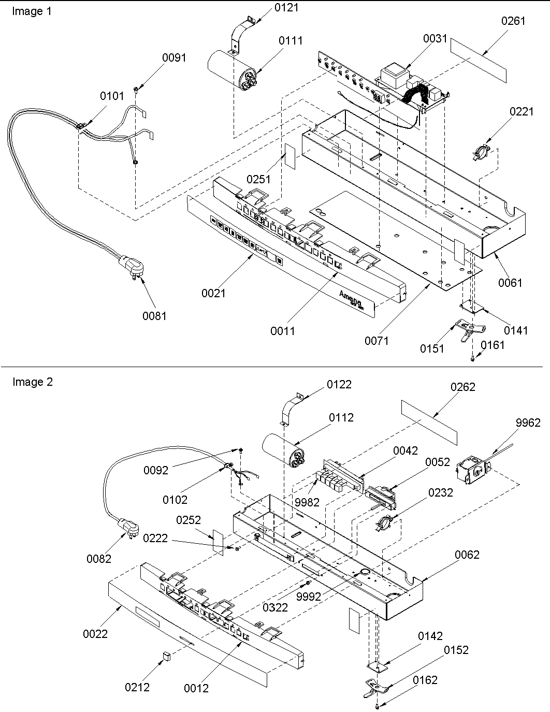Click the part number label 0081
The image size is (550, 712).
[x=154, y=315]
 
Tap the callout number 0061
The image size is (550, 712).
[x=511, y=283]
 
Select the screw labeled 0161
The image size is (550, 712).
[x=473, y=358]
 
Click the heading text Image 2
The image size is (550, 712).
[x=32, y=382]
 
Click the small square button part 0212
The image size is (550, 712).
[x=167, y=656]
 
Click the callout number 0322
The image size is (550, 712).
[x=275, y=607]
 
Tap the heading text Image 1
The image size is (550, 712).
[x=32, y=11]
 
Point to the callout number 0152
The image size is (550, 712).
[x=456, y=650]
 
